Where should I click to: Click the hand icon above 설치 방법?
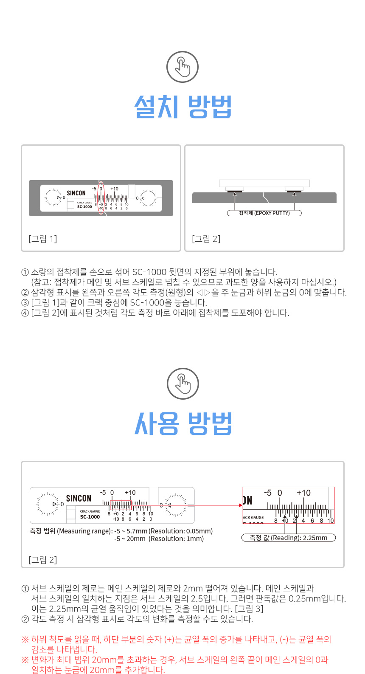pos(182,67)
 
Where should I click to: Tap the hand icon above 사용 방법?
pos(183,384)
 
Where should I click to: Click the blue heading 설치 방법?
pos(183,107)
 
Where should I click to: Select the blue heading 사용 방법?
pos(183,423)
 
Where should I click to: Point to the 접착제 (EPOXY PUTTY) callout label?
pos(264,213)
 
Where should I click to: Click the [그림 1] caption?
pos(43,239)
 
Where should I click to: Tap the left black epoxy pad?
pos(235,192)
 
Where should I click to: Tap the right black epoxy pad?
pos(294,192)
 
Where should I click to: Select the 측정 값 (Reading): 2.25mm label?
pos(289,538)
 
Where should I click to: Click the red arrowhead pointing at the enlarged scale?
pos(241,505)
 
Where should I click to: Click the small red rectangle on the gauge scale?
pos(121,505)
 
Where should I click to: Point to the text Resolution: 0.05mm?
pos(182,531)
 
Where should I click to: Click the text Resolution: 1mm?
pos(177,539)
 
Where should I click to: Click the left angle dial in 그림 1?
pos(53,197)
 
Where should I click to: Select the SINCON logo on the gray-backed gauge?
pos(76,193)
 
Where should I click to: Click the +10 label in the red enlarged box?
pos(303,493)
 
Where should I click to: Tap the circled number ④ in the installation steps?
pos(25,313)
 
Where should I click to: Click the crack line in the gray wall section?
pos(265,197)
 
